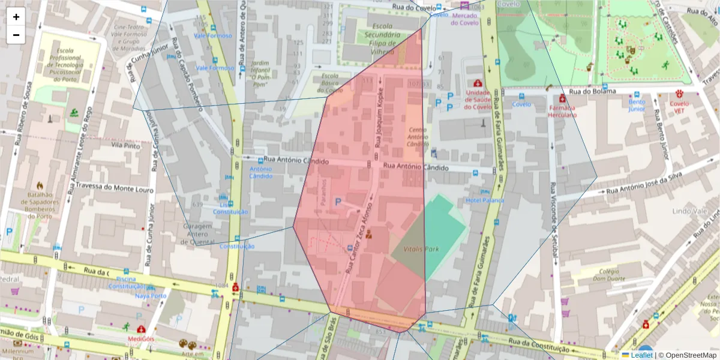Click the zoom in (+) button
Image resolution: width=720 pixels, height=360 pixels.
[16, 17]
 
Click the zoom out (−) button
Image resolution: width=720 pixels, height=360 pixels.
[16, 35]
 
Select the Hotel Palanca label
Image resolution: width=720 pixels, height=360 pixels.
[485, 200]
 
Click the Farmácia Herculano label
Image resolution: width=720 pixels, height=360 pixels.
[562, 111]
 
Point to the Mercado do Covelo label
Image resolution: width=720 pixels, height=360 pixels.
[464, 19]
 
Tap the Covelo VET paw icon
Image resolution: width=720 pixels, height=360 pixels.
[680, 94]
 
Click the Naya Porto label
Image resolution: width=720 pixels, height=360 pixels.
[151, 296]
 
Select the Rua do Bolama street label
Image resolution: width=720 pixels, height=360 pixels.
[592, 91]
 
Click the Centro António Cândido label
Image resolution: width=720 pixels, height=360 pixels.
[418, 136]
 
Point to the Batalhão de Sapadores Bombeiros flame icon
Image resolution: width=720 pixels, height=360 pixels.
[41, 185]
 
